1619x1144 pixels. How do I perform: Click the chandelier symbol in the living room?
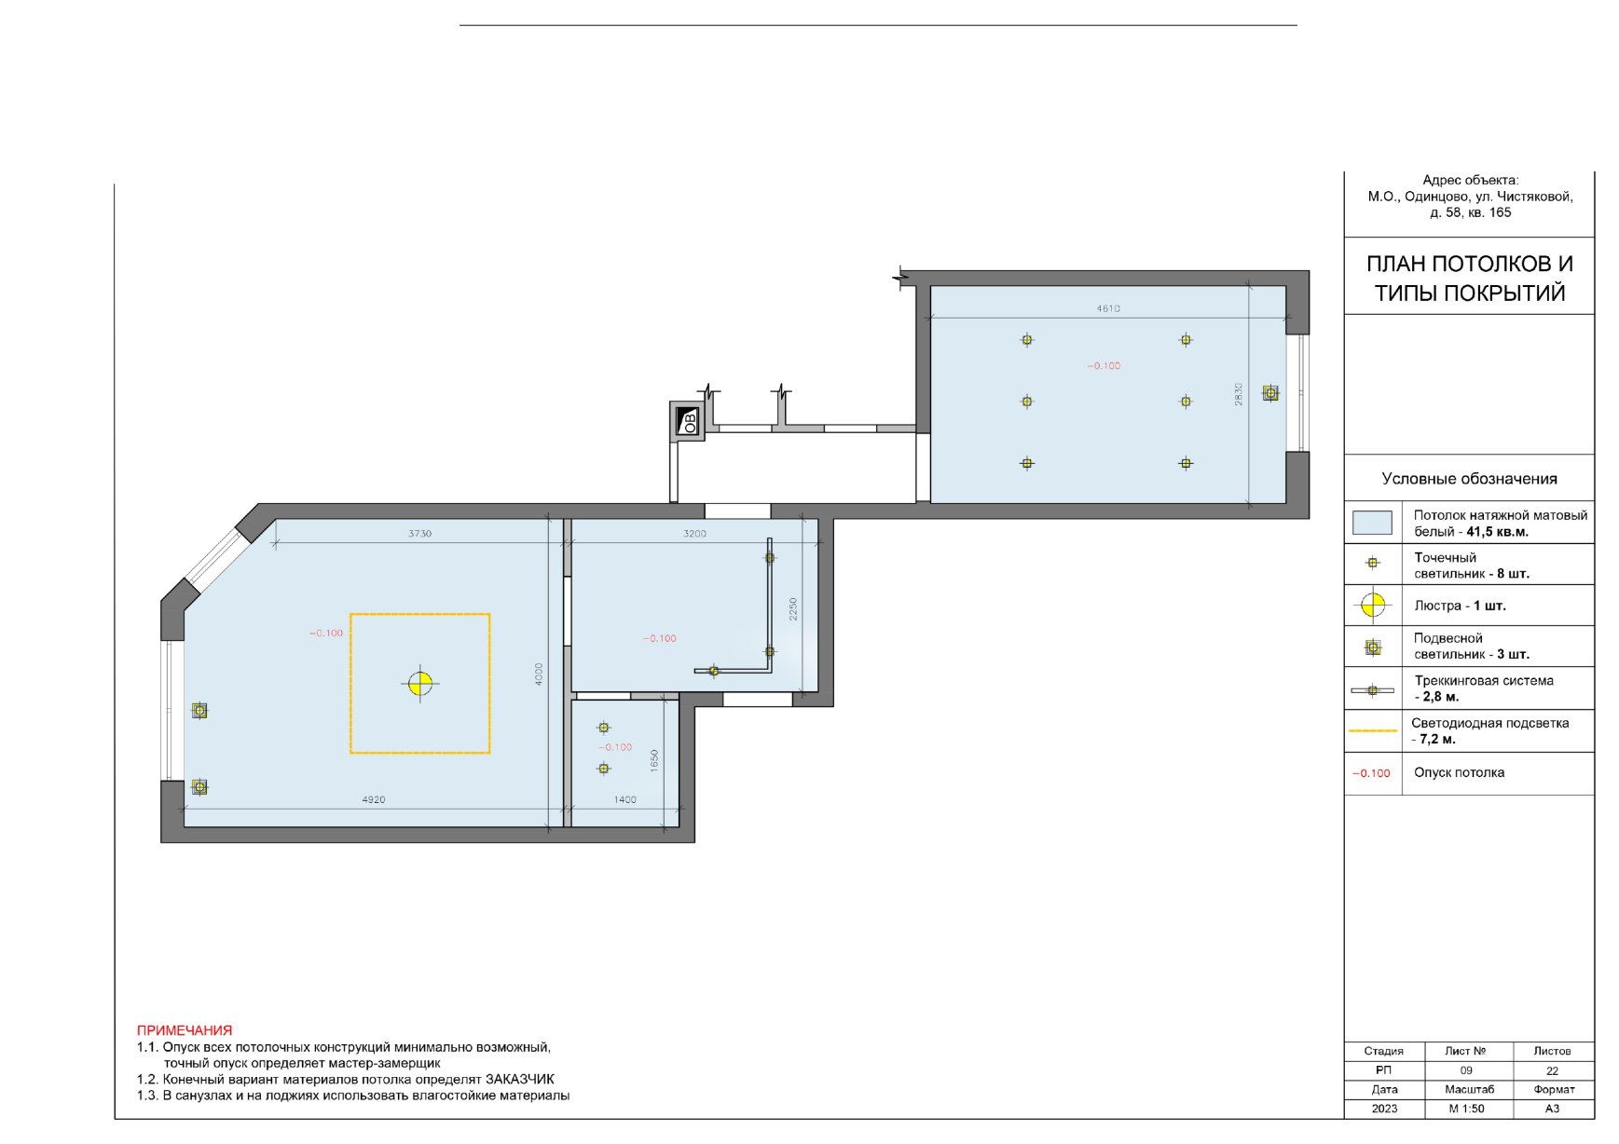click(x=420, y=683)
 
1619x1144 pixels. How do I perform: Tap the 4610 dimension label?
click(x=1108, y=308)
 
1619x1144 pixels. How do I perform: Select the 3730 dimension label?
click(x=419, y=534)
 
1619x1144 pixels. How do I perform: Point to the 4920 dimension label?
click(x=373, y=799)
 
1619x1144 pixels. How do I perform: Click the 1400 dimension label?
click(x=624, y=799)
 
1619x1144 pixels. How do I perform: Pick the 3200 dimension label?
click(x=694, y=534)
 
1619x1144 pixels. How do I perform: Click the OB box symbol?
click(x=687, y=422)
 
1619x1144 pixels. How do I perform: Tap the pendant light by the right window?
click(x=1270, y=393)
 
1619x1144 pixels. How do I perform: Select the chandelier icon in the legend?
click(x=1373, y=606)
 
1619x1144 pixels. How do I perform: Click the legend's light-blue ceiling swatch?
click(x=1372, y=523)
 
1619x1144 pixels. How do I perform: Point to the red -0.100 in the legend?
click(x=1371, y=773)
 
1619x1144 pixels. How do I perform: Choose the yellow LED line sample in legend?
click(x=1372, y=731)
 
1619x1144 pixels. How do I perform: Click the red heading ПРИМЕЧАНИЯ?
click(x=185, y=1030)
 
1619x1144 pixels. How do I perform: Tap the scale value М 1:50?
click(x=1466, y=1109)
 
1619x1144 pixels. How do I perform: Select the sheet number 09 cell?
click(x=1466, y=1070)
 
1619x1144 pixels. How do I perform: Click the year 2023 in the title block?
click(x=1384, y=1109)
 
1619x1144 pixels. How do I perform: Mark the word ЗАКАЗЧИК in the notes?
click(x=519, y=1079)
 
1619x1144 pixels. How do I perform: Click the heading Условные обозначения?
click(x=1469, y=479)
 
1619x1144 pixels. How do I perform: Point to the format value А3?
click(x=1552, y=1109)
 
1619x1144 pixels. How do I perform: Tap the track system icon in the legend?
click(x=1372, y=690)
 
